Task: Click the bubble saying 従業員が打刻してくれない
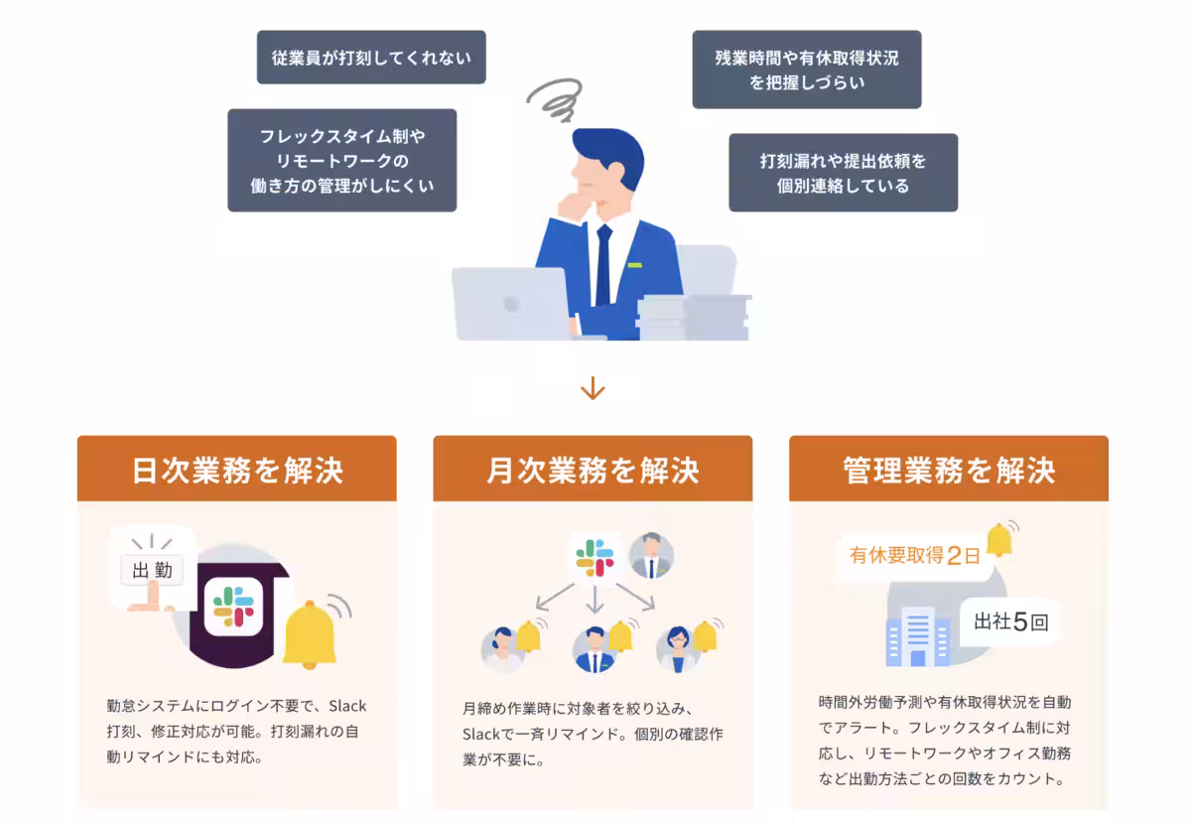point(371,58)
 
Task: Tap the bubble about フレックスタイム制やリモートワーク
point(341,161)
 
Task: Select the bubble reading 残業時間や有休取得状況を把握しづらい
point(806,69)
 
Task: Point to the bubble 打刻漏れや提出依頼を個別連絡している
point(843,173)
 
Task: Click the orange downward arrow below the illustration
point(593,387)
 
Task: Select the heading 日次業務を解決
point(237,470)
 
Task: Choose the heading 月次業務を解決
point(593,470)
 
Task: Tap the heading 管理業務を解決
point(948,470)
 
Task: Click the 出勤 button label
point(152,570)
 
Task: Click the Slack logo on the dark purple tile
point(234,606)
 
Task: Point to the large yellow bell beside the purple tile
point(310,635)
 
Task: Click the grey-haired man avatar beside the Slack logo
point(651,556)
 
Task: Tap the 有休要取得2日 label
point(914,555)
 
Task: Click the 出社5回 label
point(1010,622)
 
